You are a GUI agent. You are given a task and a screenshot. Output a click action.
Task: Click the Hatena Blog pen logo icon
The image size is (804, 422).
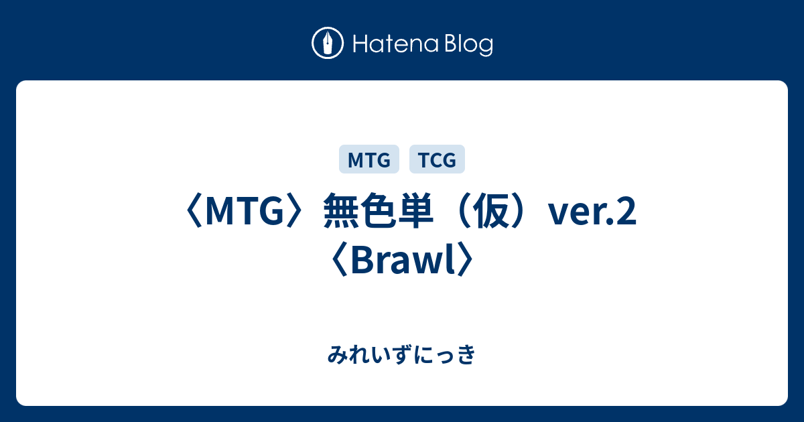tap(328, 43)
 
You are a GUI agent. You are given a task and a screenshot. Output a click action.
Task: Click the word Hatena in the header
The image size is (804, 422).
tap(396, 44)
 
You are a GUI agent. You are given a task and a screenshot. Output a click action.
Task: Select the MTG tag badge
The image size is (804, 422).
tap(369, 159)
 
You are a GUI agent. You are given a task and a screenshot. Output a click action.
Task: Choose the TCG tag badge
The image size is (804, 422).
tap(437, 159)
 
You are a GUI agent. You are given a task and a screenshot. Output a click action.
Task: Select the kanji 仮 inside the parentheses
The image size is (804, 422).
tap(491, 210)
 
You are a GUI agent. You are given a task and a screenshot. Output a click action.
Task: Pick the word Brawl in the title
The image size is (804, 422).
tap(401, 259)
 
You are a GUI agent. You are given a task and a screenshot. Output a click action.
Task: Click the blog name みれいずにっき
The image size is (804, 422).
tap(401, 354)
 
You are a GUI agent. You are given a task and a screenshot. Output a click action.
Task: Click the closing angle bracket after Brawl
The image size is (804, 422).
tap(464, 259)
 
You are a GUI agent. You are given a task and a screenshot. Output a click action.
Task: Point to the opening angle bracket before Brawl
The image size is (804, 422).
tap(340, 259)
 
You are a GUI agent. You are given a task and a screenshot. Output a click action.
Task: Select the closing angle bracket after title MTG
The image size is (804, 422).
tap(295, 211)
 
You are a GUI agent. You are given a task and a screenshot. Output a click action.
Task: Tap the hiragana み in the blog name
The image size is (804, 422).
tap(338, 354)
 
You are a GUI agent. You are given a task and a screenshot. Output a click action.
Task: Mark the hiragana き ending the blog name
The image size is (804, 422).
tap(466, 354)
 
